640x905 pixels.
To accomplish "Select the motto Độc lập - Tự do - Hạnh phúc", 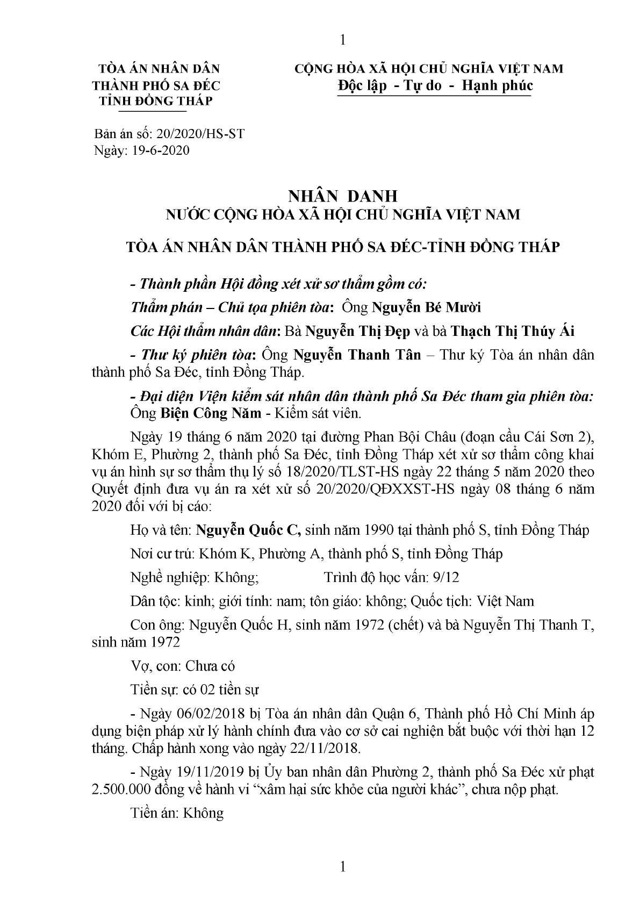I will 434,85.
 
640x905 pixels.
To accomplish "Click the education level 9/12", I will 445,577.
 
